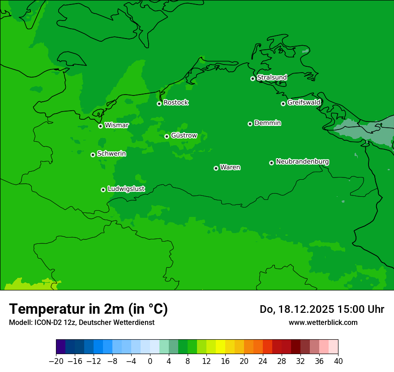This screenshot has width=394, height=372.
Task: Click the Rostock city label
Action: (x=176, y=103)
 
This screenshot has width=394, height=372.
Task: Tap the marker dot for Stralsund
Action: (x=253, y=78)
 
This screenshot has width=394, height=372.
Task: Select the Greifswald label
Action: (x=304, y=103)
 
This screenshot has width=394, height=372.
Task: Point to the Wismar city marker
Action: (x=101, y=126)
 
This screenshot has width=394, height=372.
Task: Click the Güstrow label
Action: (x=184, y=135)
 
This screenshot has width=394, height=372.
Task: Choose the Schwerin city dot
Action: (x=93, y=155)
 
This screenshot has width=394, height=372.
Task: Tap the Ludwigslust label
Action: (x=126, y=189)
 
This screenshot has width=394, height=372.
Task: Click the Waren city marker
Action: (x=216, y=168)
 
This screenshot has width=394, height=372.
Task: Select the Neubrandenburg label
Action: (x=302, y=162)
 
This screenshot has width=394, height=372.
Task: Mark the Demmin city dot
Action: (x=250, y=124)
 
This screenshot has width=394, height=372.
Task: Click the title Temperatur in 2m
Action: (x=88, y=309)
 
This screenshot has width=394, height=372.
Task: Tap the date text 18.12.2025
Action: (x=305, y=309)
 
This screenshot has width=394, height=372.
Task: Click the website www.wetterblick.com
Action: (x=323, y=322)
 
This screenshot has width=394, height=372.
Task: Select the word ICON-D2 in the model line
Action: (x=44, y=322)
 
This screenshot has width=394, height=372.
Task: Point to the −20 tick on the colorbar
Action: (x=56, y=361)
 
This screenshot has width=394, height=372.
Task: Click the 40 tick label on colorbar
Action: (x=338, y=361)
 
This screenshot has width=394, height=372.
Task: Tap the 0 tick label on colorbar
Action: (x=150, y=361)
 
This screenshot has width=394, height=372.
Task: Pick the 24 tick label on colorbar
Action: (x=263, y=361)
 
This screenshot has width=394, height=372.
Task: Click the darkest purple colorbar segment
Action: (x=61, y=347)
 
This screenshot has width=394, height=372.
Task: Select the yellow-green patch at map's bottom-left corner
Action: (x=18, y=285)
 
